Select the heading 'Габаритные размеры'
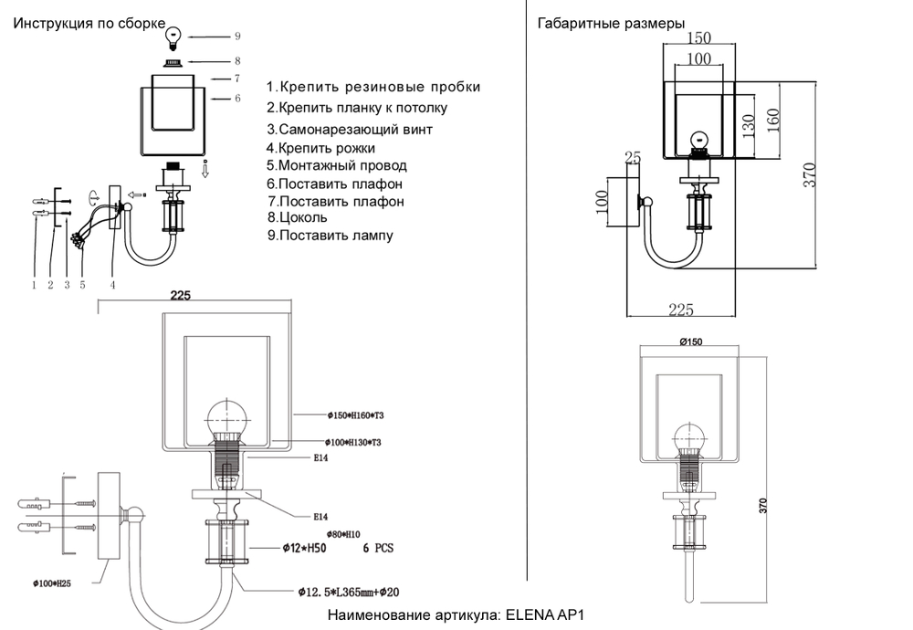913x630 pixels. pos(612,24)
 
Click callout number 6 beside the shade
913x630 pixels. pos(237,98)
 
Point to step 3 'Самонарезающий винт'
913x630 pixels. pos(350,130)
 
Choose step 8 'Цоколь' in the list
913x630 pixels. pos(298,218)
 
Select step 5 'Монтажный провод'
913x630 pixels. pos(337,166)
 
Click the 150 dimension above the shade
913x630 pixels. pos(698,38)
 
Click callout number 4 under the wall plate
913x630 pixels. pos(113,285)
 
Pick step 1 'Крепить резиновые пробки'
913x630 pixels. pos(373,88)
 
